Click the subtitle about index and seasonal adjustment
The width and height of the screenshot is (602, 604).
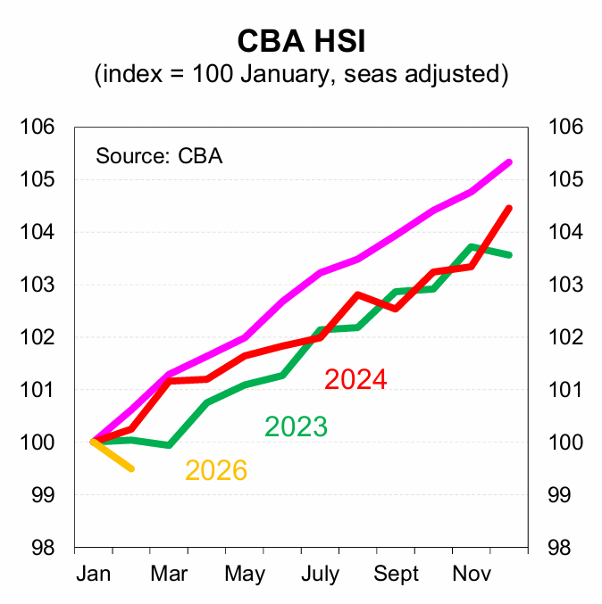(301, 74)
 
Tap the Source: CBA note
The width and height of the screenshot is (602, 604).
(159, 156)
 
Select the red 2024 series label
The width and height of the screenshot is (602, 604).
(355, 379)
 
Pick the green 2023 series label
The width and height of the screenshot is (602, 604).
(296, 427)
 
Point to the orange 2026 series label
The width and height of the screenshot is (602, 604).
(216, 470)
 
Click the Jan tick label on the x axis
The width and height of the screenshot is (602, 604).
(94, 573)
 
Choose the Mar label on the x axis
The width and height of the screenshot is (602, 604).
(169, 573)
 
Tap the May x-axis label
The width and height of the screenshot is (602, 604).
(244, 573)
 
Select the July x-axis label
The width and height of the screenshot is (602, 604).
(319, 573)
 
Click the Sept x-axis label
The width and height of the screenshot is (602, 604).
(395, 573)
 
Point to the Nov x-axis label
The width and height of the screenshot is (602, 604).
(471, 573)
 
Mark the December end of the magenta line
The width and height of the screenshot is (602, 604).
(509, 162)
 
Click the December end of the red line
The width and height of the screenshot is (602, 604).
(509, 209)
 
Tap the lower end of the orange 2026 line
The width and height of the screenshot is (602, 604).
(132, 468)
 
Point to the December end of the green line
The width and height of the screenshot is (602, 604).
(509, 255)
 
